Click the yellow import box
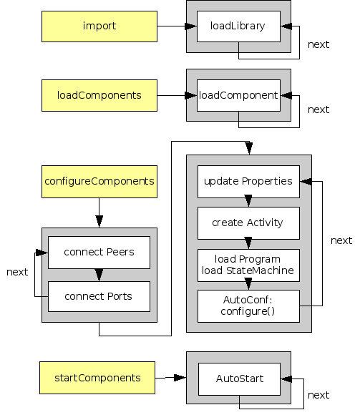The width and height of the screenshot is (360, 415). [x=99, y=26]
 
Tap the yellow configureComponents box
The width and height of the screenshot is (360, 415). [x=99, y=181]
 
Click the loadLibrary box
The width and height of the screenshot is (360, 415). [x=238, y=26]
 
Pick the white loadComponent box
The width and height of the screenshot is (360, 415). [x=238, y=95]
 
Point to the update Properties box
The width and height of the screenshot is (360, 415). [x=248, y=181]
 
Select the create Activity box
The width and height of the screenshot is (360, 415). [x=248, y=223]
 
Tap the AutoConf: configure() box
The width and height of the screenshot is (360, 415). [x=248, y=306]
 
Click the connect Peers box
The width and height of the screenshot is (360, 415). [x=99, y=253]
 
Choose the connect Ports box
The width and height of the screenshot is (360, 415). [x=99, y=296]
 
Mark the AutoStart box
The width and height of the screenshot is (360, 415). [x=238, y=377]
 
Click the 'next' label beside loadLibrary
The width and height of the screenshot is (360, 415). [x=318, y=44]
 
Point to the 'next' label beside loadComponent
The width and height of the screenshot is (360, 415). [x=318, y=109]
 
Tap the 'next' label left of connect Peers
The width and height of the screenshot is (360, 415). [x=17, y=272]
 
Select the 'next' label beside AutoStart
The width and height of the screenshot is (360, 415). [x=318, y=395]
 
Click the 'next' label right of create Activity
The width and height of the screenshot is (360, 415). [x=341, y=240]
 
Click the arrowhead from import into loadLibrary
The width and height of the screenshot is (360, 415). [x=191, y=26]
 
